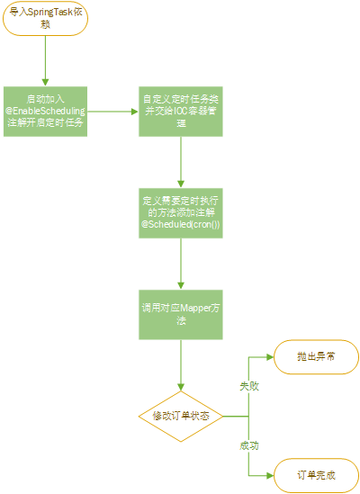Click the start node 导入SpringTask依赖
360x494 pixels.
click(x=44, y=19)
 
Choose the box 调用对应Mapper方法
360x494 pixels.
click(x=181, y=314)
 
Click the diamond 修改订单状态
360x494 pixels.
click(x=181, y=416)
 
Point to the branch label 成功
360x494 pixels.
click(x=248, y=445)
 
